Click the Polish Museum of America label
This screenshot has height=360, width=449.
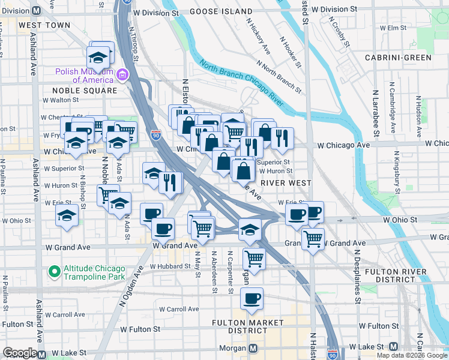pyautogui.click(x=84, y=76)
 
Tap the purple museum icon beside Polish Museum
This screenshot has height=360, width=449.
pyautogui.click(x=122, y=75)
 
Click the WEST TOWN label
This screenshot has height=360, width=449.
pyautogui.click(x=44, y=26)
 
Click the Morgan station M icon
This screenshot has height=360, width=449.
pyautogui.click(x=253, y=348)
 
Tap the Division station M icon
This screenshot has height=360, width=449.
pyautogui.click(x=36, y=11)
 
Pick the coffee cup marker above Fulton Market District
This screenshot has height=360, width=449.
pyautogui.click(x=252, y=298)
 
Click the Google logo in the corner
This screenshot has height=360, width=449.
pyautogui.click(x=20, y=353)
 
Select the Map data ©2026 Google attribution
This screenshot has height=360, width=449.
pyautogui.click(x=412, y=355)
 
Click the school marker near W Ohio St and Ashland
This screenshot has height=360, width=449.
pyautogui.click(x=66, y=216)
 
